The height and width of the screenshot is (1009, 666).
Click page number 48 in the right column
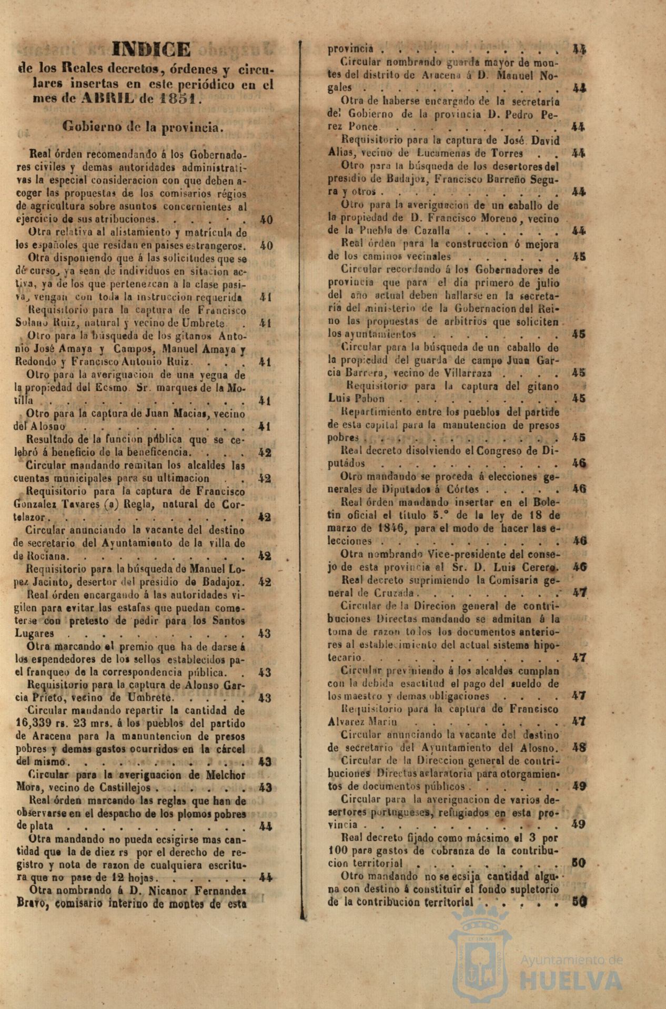click(x=579, y=748)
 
